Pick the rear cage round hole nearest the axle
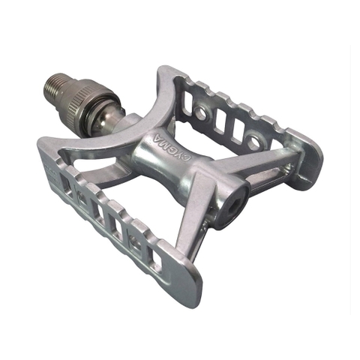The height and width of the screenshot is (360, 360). [x=201, y=113]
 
